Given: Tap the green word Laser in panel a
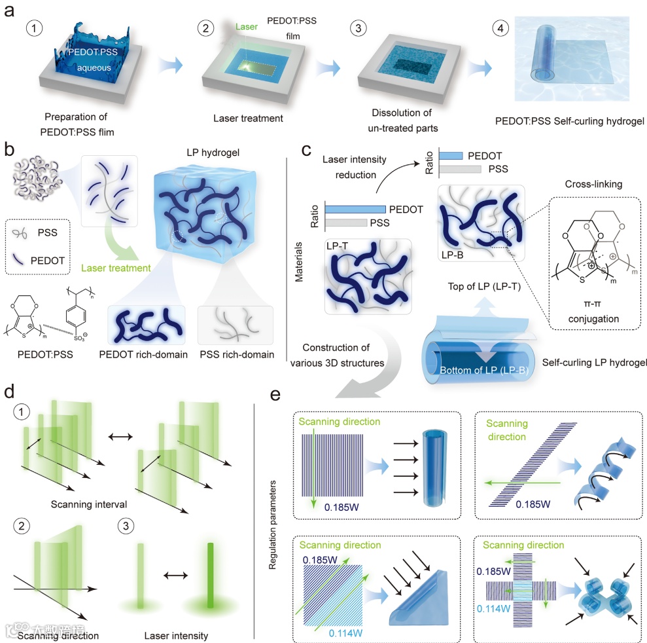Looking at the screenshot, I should (247, 27).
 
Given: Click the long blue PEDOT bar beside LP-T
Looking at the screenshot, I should (355, 208).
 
